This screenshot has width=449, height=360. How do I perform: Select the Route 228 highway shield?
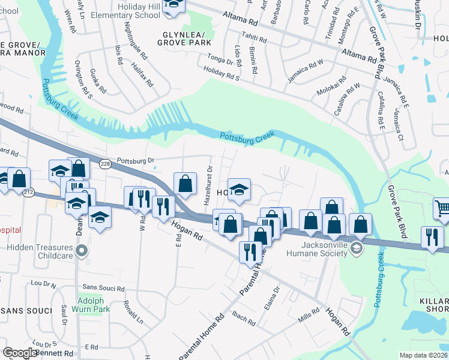pos(106,164)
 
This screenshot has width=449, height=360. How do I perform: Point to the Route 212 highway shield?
pos(29,192)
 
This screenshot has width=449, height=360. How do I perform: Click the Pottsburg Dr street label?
pos(136,161)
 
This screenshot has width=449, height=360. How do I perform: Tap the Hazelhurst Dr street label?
pos(208,185)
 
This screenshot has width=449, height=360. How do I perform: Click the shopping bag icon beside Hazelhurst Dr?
pos(185,184)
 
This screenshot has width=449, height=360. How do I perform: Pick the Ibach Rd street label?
pos(244,318)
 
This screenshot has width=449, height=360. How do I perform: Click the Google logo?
pos(20,353)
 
